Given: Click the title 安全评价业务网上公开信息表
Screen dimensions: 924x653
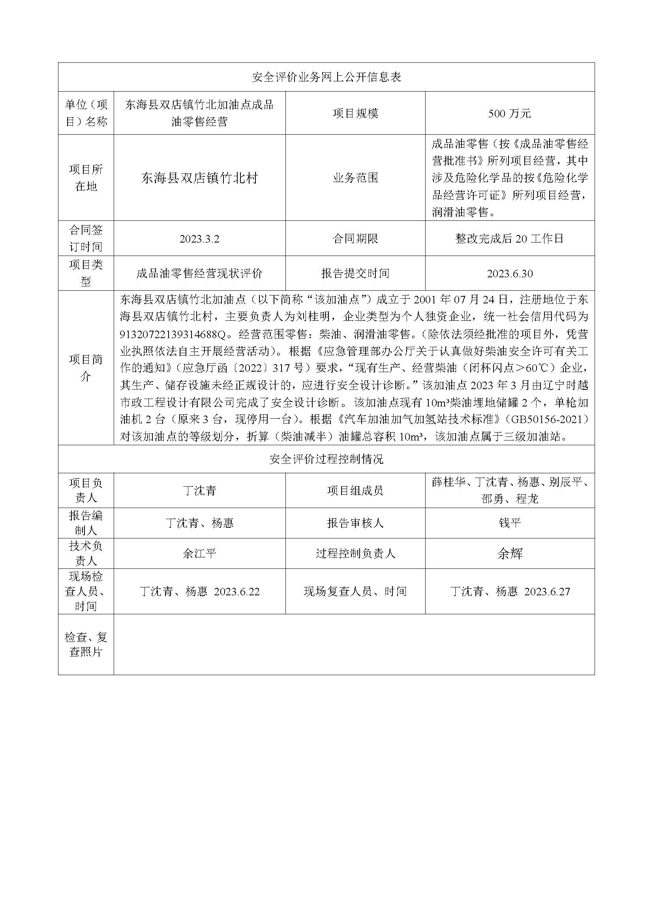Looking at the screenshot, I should (x=326, y=77).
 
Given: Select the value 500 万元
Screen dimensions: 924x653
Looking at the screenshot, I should (x=509, y=114).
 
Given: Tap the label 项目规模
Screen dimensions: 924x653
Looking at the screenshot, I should (x=355, y=113).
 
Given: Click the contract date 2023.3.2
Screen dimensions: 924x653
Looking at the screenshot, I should (x=199, y=239).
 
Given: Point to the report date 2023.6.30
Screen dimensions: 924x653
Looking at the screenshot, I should (x=509, y=274).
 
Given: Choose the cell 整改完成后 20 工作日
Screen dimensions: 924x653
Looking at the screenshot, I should (x=509, y=239).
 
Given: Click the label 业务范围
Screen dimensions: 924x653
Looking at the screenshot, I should (x=355, y=178).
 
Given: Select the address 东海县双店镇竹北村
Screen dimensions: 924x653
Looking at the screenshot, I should (x=199, y=178).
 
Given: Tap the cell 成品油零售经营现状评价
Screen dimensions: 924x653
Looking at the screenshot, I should (x=199, y=274).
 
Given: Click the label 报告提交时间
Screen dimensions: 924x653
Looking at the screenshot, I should (x=355, y=274).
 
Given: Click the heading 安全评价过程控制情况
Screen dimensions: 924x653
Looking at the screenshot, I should (x=326, y=459).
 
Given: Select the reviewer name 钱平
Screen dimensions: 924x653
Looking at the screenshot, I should (x=509, y=523).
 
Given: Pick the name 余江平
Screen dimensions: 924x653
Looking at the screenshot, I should (x=199, y=553).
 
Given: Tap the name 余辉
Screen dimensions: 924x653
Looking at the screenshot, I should (x=509, y=554).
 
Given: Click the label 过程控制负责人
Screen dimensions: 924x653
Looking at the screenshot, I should (x=355, y=553).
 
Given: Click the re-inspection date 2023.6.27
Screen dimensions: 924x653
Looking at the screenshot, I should (x=547, y=592).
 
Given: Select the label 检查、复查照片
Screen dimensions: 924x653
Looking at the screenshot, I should (x=86, y=644).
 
